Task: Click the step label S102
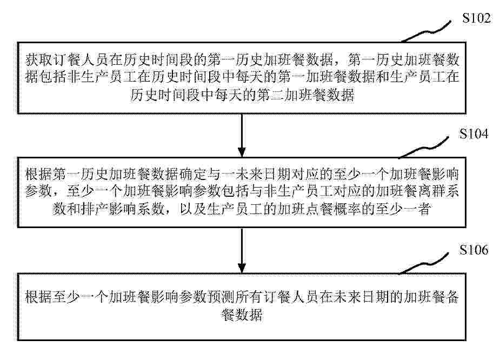pos(476,18)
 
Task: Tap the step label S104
pos(474,134)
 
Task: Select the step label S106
pos(474,250)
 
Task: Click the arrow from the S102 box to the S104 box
pos(242,135)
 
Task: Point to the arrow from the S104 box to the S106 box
pos(242,250)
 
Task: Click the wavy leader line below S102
pos(426,31)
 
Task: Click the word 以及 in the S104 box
pos(193,209)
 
